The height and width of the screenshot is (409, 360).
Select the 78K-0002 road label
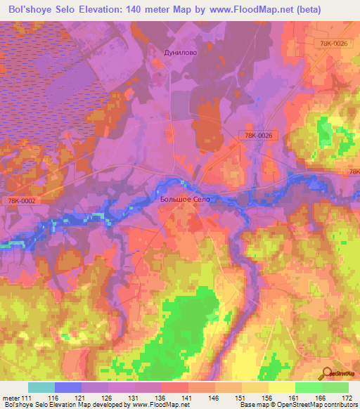[x=22, y=201]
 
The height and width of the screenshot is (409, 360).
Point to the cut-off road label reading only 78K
[x=353, y=171]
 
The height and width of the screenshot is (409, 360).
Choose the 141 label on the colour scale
[x=186, y=398]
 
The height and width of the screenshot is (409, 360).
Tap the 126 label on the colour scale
[x=107, y=398]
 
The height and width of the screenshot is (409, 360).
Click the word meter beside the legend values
[x=11, y=398]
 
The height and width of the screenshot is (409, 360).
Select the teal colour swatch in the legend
[x=41, y=387]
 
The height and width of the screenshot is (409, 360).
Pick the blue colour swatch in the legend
[x=68, y=387]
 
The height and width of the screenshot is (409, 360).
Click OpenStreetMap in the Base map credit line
[x=295, y=405]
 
